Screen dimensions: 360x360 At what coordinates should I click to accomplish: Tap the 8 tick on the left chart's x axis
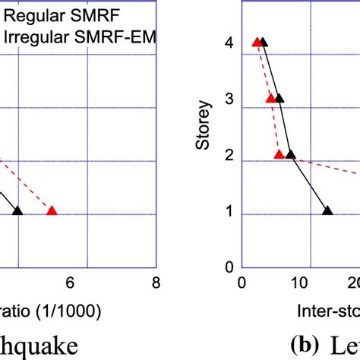click(x=155, y=283)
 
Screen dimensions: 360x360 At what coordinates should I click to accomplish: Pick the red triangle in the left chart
click(x=52, y=210)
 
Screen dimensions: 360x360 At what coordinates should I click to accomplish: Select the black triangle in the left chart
click(x=17, y=210)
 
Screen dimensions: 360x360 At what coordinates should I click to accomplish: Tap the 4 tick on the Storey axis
click(x=228, y=44)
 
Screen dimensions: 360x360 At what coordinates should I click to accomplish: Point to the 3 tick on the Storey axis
click(x=228, y=100)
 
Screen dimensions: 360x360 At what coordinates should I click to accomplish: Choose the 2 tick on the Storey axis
click(x=228, y=156)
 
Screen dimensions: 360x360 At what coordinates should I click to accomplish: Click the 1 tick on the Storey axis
click(x=228, y=213)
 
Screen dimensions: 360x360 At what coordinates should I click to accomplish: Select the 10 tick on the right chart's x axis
click(x=301, y=283)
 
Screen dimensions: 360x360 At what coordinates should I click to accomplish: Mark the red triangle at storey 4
click(x=257, y=42)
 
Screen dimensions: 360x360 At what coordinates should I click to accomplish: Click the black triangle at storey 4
click(x=264, y=42)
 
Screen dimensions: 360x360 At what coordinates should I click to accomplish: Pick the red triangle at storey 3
click(x=270, y=98)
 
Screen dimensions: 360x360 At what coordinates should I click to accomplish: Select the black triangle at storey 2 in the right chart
click(x=290, y=154)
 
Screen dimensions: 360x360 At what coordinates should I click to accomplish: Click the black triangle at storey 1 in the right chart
click(x=327, y=210)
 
